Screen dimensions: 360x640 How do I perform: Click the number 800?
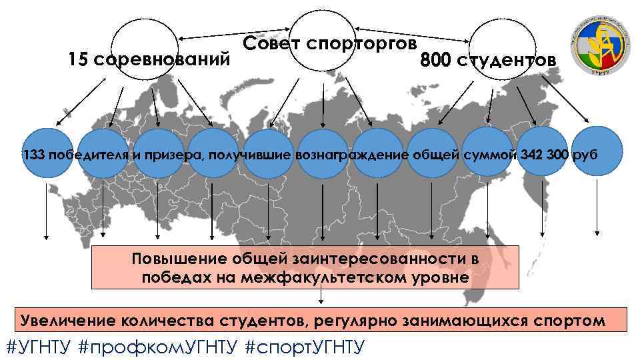point(436,61)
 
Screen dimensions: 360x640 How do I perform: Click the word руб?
point(586,155)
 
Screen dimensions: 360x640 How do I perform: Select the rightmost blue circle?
point(597,151)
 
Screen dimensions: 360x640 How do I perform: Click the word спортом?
point(570,320)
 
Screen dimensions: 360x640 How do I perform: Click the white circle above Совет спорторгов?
point(324,41)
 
